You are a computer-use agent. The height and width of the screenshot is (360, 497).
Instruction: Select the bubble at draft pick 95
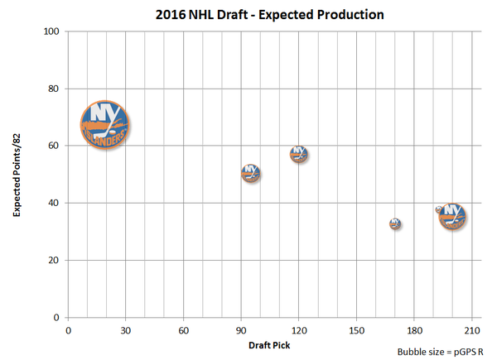point(251,173)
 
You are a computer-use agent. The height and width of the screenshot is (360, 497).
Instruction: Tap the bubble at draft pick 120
point(299,154)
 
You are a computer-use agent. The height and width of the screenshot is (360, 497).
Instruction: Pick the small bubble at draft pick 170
point(396,223)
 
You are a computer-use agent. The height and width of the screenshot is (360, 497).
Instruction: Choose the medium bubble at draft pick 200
point(452,215)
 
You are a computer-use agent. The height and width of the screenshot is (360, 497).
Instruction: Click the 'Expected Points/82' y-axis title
point(16,175)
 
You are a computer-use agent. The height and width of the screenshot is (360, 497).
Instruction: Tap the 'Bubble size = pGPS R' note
point(442,352)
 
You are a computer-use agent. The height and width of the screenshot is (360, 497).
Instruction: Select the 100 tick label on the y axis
point(52,31)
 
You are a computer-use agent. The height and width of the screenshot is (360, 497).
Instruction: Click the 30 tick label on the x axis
point(125,329)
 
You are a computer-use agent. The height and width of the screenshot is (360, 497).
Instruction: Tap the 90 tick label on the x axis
point(241,329)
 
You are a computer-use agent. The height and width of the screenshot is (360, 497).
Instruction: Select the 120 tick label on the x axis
point(299,329)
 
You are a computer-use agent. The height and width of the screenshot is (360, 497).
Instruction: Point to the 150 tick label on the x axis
point(357,329)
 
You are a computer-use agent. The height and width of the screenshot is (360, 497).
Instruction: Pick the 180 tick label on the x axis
point(415,329)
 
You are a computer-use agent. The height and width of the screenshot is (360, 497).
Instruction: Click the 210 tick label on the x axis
point(472,329)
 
